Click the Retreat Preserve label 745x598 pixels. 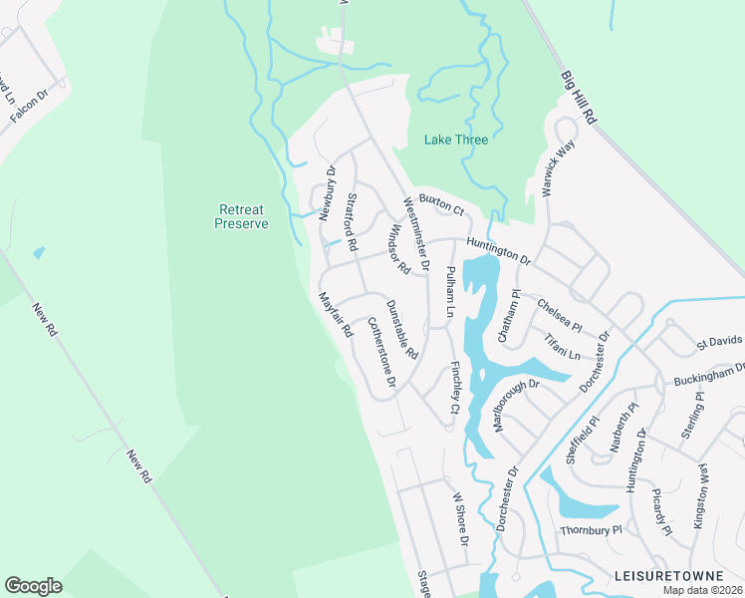click(x=242, y=216)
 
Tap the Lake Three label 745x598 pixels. click(x=456, y=140)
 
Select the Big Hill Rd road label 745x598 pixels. click(x=579, y=97)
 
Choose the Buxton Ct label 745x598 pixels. click(x=441, y=205)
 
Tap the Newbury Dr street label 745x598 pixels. click(x=329, y=189)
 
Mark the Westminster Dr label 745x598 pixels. click(x=414, y=233)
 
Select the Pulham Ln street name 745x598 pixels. click(x=449, y=292)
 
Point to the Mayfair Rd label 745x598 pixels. click(x=337, y=315)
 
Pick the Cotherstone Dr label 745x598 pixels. click(x=381, y=352)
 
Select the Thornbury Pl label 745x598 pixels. click(x=590, y=530)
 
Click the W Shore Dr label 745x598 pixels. click(x=459, y=519)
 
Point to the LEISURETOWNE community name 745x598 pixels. click(x=677, y=577)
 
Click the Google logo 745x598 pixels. click(x=33, y=586)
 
